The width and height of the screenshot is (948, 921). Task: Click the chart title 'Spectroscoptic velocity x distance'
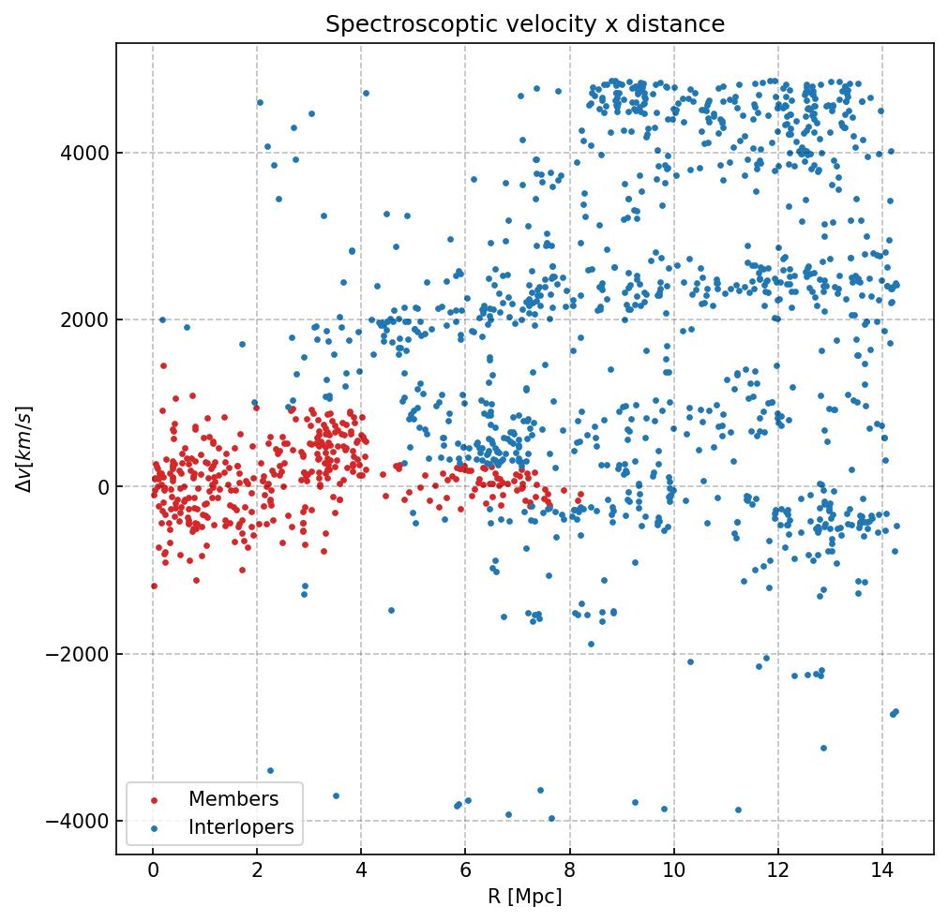pyautogui.click(x=525, y=24)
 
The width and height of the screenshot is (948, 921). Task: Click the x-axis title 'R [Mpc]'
pyautogui.click(x=524, y=897)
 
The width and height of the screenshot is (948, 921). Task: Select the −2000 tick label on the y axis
pyautogui.click(x=76, y=654)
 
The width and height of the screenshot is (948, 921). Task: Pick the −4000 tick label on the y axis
pyautogui.click(x=76, y=821)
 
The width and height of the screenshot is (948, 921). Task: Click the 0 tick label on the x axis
pyautogui.click(x=153, y=872)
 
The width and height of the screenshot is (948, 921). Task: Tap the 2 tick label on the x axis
pyautogui.click(x=257, y=872)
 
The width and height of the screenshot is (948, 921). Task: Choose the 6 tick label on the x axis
pyautogui.click(x=465, y=872)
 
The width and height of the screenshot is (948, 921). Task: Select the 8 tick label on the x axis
pyautogui.click(x=569, y=872)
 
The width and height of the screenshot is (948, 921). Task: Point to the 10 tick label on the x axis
pyautogui.click(x=673, y=872)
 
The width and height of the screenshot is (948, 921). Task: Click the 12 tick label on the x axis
pyautogui.click(x=777, y=872)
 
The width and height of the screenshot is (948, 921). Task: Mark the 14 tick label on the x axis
pyautogui.click(x=881, y=872)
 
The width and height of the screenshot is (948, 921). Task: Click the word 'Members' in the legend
pyautogui.click(x=233, y=799)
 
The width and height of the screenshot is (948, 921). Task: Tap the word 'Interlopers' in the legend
pyautogui.click(x=241, y=827)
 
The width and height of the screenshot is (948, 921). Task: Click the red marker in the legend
pyautogui.click(x=154, y=800)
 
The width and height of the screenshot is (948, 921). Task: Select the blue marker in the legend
pyautogui.click(x=154, y=828)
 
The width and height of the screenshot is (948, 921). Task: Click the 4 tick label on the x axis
pyautogui.click(x=361, y=872)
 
